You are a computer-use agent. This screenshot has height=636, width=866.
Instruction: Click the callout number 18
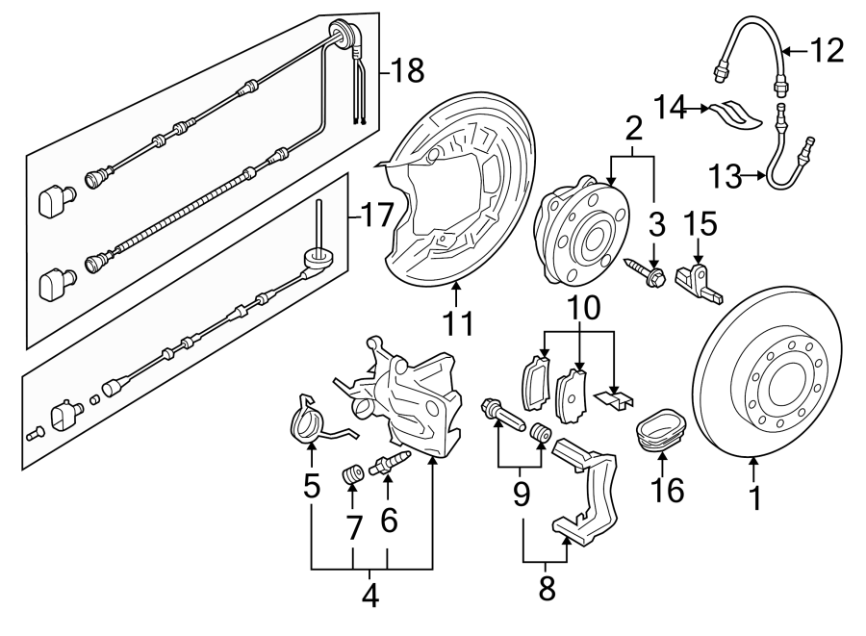pos(408,70)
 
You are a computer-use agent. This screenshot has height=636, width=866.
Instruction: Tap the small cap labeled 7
pos(352,474)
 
